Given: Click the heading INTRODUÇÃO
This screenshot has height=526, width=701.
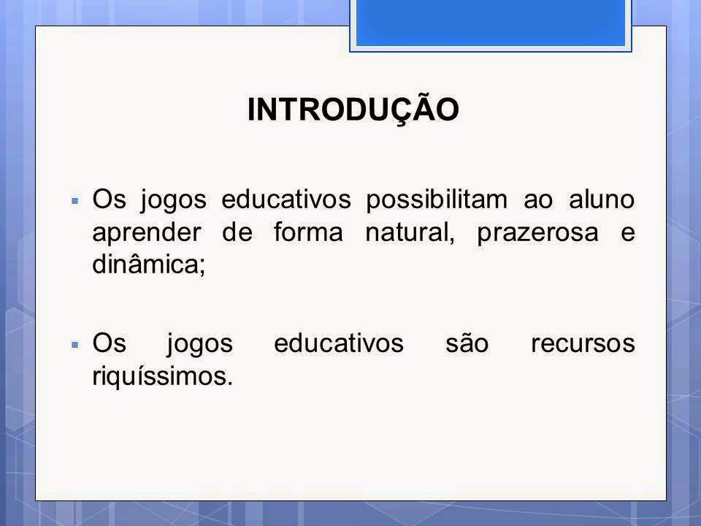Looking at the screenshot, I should point(353,109).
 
